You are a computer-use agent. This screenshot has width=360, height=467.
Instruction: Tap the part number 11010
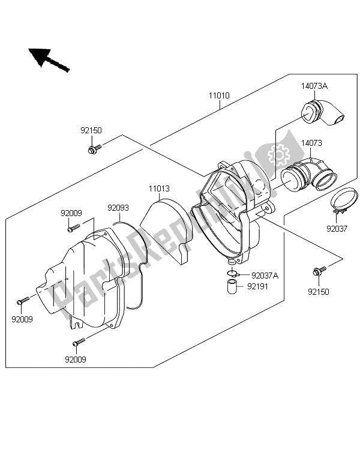[220, 95]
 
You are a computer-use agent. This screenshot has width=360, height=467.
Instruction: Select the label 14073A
[314, 86]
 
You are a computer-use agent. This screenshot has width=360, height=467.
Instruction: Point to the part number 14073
[312, 143]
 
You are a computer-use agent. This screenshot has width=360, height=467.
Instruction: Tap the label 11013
[160, 188]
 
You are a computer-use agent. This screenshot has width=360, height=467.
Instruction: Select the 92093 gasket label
[118, 208]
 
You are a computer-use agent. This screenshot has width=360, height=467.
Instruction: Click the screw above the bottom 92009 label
[78, 343]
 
